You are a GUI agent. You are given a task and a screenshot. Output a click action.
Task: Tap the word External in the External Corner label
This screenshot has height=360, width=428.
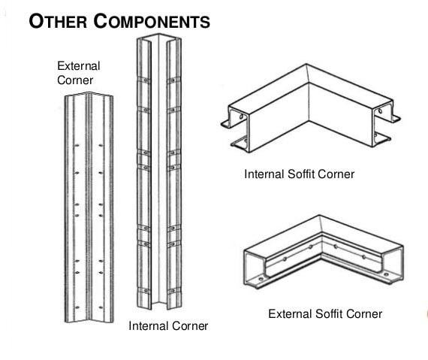click(78, 66)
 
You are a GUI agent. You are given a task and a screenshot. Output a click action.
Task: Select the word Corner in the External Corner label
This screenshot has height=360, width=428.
click(75, 80)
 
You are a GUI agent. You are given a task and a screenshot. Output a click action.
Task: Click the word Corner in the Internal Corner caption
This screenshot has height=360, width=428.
click(191, 326)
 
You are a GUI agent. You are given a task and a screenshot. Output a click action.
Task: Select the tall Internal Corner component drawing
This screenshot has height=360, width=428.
click(158, 173)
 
